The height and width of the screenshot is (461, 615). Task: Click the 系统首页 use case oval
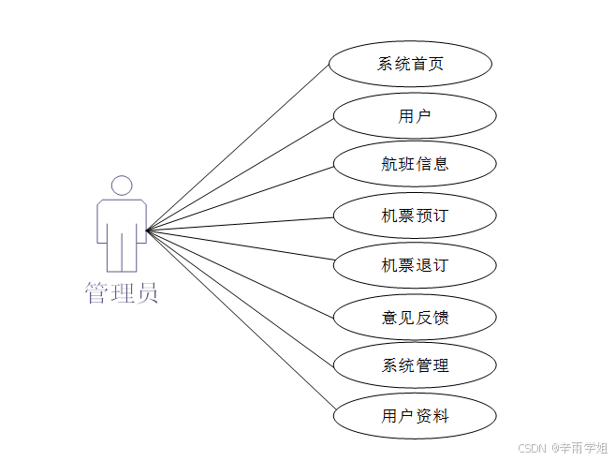(x=411, y=65)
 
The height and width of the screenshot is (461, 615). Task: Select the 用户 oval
(x=415, y=116)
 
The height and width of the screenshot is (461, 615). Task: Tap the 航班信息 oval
(x=415, y=164)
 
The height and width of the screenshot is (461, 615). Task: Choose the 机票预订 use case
(x=415, y=216)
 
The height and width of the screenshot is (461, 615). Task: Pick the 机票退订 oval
(x=415, y=265)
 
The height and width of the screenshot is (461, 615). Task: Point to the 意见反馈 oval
(x=415, y=318)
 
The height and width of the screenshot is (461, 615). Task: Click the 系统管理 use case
(x=415, y=365)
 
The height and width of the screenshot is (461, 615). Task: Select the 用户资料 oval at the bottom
(x=415, y=416)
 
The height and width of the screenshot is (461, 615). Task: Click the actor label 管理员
(x=122, y=292)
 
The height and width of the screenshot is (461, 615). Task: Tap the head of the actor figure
(x=121, y=185)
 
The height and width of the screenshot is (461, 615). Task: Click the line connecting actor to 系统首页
(x=239, y=146)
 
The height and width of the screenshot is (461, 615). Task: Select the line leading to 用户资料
(x=241, y=318)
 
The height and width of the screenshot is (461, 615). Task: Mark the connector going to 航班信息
(x=241, y=197)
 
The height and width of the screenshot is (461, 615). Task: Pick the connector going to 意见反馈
(x=241, y=274)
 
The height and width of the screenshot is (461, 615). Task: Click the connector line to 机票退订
(x=241, y=244)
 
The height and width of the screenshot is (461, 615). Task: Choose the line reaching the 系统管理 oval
(x=241, y=296)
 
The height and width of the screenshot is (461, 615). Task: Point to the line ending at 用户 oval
(x=241, y=172)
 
